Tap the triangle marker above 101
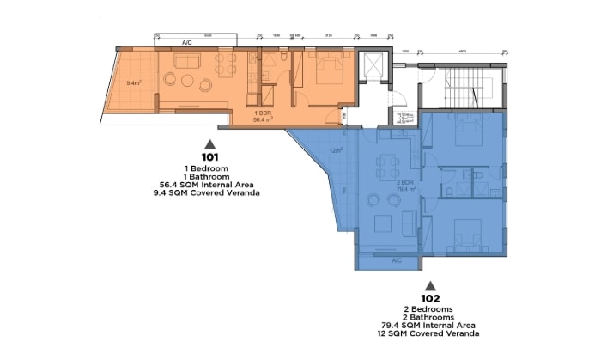(x=209, y=143)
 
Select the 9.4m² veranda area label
(x=133, y=83)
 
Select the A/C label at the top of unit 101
(x=187, y=41)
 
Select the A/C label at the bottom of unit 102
(x=397, y=259)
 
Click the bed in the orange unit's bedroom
(x=326, y=69)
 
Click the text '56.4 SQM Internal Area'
(x=209, y=184)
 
